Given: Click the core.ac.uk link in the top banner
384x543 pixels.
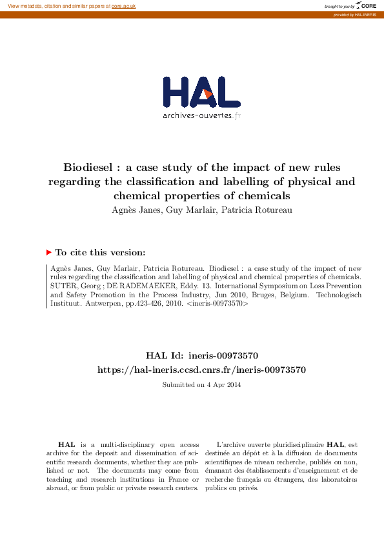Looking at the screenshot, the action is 123,6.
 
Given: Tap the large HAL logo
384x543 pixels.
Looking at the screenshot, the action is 201,93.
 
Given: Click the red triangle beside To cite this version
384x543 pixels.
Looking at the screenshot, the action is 48,253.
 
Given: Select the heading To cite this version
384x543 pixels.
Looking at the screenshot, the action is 100,253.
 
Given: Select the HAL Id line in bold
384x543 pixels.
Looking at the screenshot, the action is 202,355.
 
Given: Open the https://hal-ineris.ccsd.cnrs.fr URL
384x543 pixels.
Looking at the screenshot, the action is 201,370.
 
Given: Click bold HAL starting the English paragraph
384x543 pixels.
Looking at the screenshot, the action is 66,444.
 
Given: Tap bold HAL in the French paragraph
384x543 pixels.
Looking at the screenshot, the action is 335,444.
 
